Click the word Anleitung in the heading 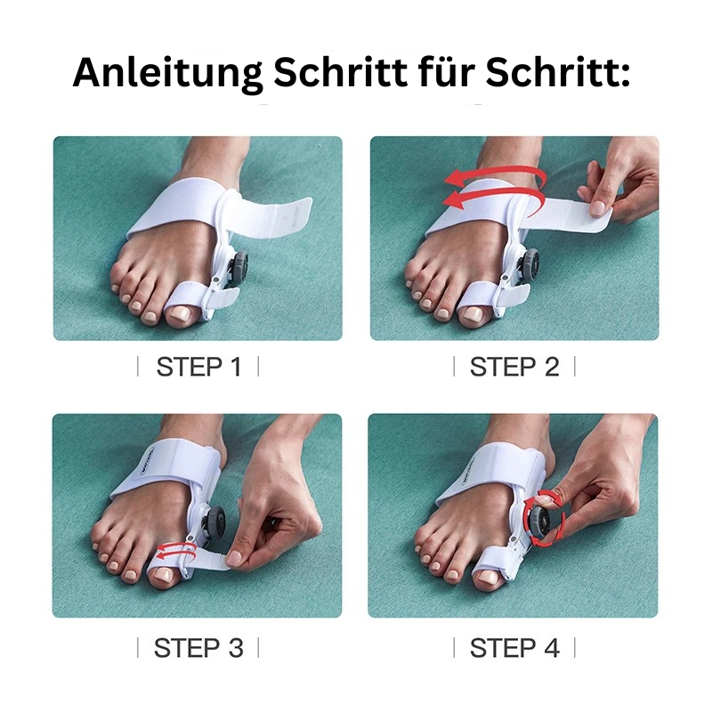(167, 73)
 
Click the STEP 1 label (198, 367)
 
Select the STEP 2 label (514, 367)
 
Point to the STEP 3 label (198, 648)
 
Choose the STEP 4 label (514, 648)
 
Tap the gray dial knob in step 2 (531, 266)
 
